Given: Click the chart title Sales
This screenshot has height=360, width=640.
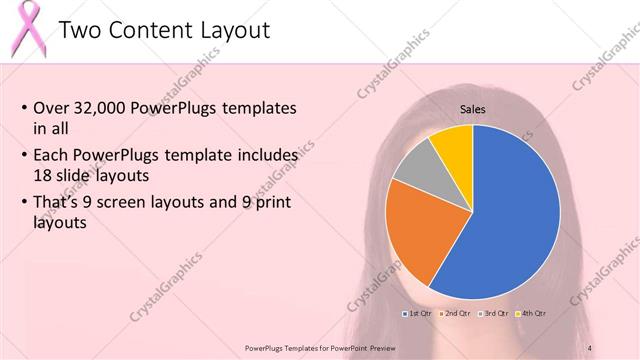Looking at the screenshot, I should (x=473, y=109).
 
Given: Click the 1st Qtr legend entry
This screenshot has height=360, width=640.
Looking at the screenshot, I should (x=421, y=314).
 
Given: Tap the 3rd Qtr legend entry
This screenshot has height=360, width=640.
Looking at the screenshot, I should (x=496, y=314).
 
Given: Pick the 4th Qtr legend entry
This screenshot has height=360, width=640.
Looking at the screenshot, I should (x=532, y=314).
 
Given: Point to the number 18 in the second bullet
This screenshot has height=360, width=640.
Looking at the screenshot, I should (x=44, y=174).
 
